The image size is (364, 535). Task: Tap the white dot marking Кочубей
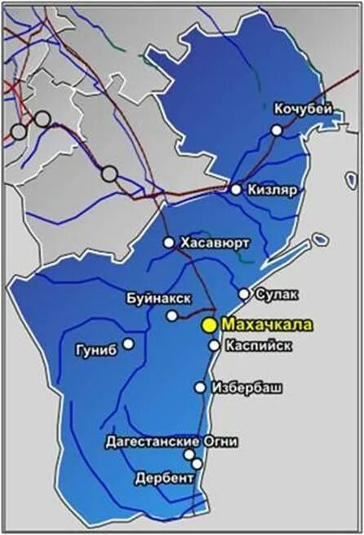(277, 130)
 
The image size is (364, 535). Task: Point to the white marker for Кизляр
(236, 189)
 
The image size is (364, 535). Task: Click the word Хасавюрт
(215, 242)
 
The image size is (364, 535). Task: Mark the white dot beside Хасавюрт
(169, 242)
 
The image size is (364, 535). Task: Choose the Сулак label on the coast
(277, 293)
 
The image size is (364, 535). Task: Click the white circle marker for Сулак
(244, 294)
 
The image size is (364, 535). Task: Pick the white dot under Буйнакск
(172, 316)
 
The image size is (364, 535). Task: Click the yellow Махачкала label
(267, 325)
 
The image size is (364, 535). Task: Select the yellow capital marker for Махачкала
(209, 325)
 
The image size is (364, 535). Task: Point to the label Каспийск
(258, 345)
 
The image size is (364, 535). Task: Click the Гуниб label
(95, 348)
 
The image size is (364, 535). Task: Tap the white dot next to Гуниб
(128, 343)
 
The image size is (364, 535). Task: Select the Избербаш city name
(246, 387)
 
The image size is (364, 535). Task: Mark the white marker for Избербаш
(200, 387)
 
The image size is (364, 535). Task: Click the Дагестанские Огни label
(172, 441)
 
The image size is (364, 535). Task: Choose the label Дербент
(163, 476)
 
